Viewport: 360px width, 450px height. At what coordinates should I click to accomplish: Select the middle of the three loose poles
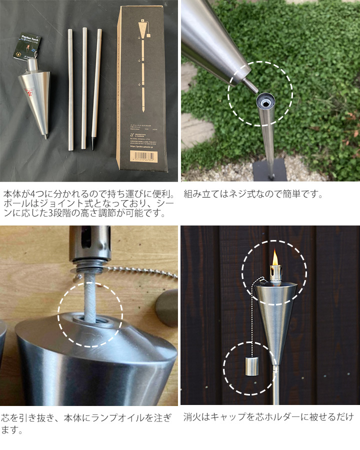[x=83, y=87]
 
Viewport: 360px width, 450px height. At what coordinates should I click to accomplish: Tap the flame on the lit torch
[x=275, y=258]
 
